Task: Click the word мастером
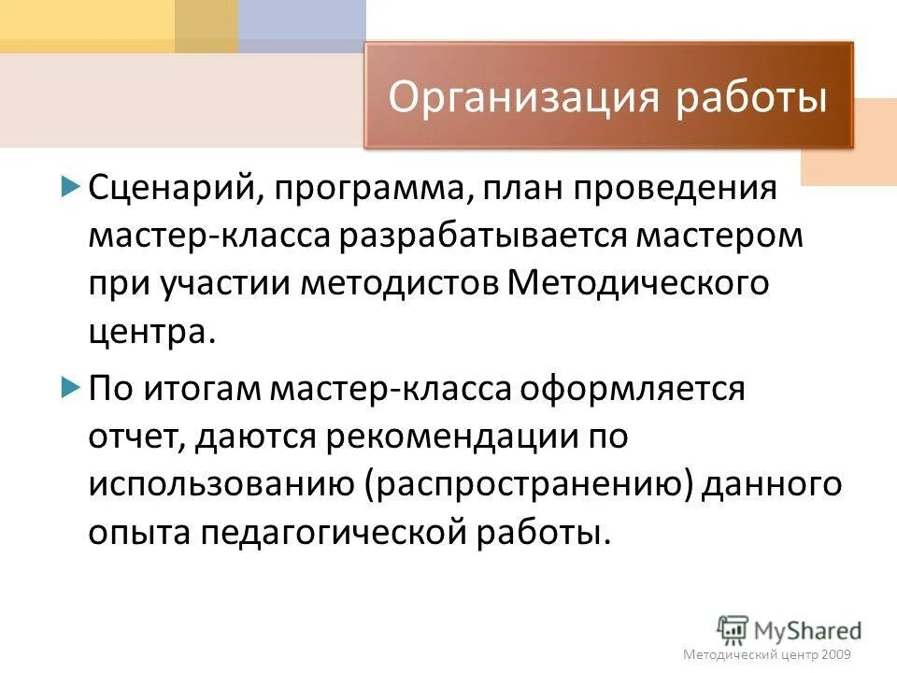coord(719,235)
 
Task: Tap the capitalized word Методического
coord(638,283)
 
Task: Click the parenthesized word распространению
coord(520,484)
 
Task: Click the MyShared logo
coord(789,629)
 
